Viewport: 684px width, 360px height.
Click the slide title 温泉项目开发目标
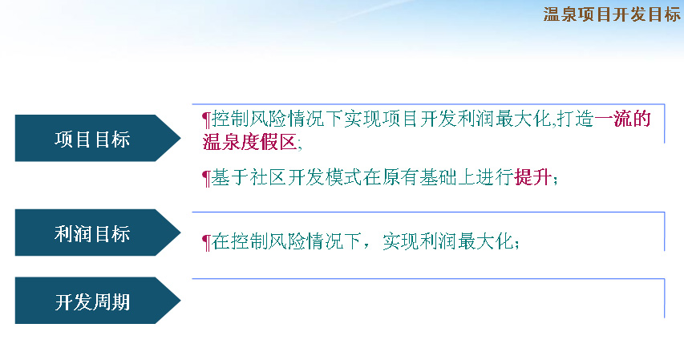612,14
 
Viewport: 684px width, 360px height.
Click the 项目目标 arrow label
92,140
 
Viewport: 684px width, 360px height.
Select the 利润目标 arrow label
92,233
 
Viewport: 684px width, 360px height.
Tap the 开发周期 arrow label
92,301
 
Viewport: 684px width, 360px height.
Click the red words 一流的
622,118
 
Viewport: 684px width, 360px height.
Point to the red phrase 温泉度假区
249,142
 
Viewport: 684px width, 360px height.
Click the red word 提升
533,177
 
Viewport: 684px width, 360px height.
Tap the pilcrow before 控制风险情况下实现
206,119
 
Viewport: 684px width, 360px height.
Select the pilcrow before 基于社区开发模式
206,179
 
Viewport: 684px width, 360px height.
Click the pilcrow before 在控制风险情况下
206,243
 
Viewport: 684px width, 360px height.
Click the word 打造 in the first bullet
575,118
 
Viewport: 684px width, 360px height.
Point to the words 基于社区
249,177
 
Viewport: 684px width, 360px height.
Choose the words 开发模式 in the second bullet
325,177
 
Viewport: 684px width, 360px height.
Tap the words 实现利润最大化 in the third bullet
448,241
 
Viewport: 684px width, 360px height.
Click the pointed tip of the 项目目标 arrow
180,138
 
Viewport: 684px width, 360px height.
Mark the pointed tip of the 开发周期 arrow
180,300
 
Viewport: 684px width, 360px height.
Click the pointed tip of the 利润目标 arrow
180,233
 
